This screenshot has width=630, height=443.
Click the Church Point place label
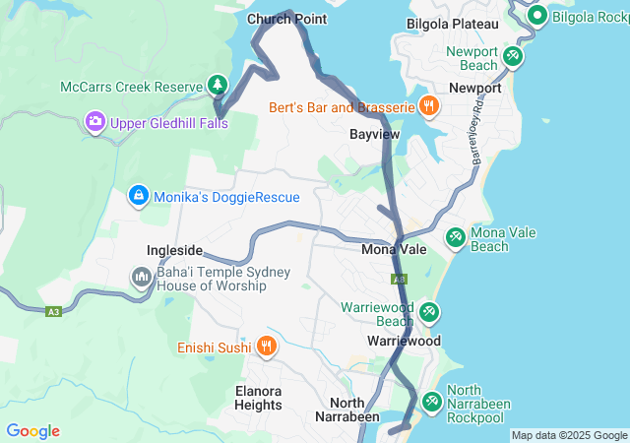click(x=286, y=19)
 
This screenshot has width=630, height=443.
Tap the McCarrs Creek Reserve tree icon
click(x=218, y=86)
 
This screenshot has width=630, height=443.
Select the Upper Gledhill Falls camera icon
click(x=95, y=122)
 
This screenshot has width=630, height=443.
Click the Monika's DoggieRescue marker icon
click(x=139, y=197)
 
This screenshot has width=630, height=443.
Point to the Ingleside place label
click(x=175, y=250)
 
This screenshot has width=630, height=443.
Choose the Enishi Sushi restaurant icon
click(x=266, y=347)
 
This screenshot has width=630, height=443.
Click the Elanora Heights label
click(x=259, y=397)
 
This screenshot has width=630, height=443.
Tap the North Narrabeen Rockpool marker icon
click(x=431, y=401)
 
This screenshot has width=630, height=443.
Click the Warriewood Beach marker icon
click(x=429, y=313)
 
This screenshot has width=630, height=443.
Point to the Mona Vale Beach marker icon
click(x=455, y=237)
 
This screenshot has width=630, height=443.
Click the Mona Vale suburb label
click(x=394, y=249)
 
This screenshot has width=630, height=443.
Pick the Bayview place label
click(x=374, y=133)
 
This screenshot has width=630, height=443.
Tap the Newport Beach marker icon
click(x=512, y=57)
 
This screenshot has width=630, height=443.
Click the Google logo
click(x=32, y=431)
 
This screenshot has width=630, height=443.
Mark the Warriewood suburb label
click(x=403, y=341)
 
